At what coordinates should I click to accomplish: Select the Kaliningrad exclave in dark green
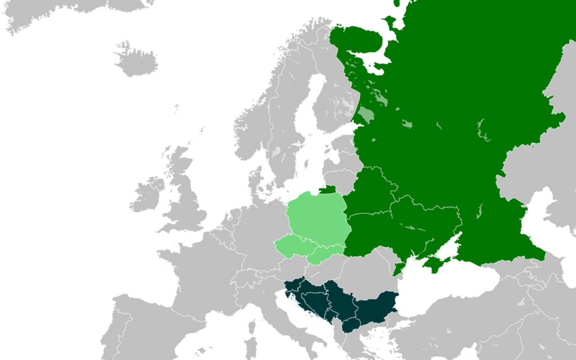(327, 189)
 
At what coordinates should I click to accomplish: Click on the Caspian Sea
(540, 223)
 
